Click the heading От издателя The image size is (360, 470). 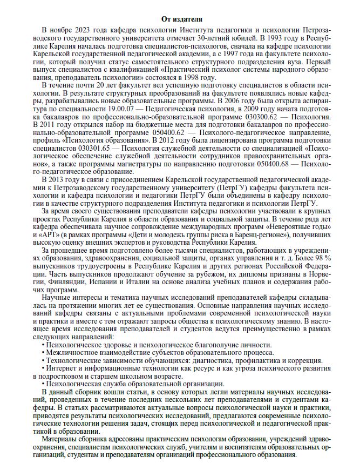[x=180, y=19]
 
